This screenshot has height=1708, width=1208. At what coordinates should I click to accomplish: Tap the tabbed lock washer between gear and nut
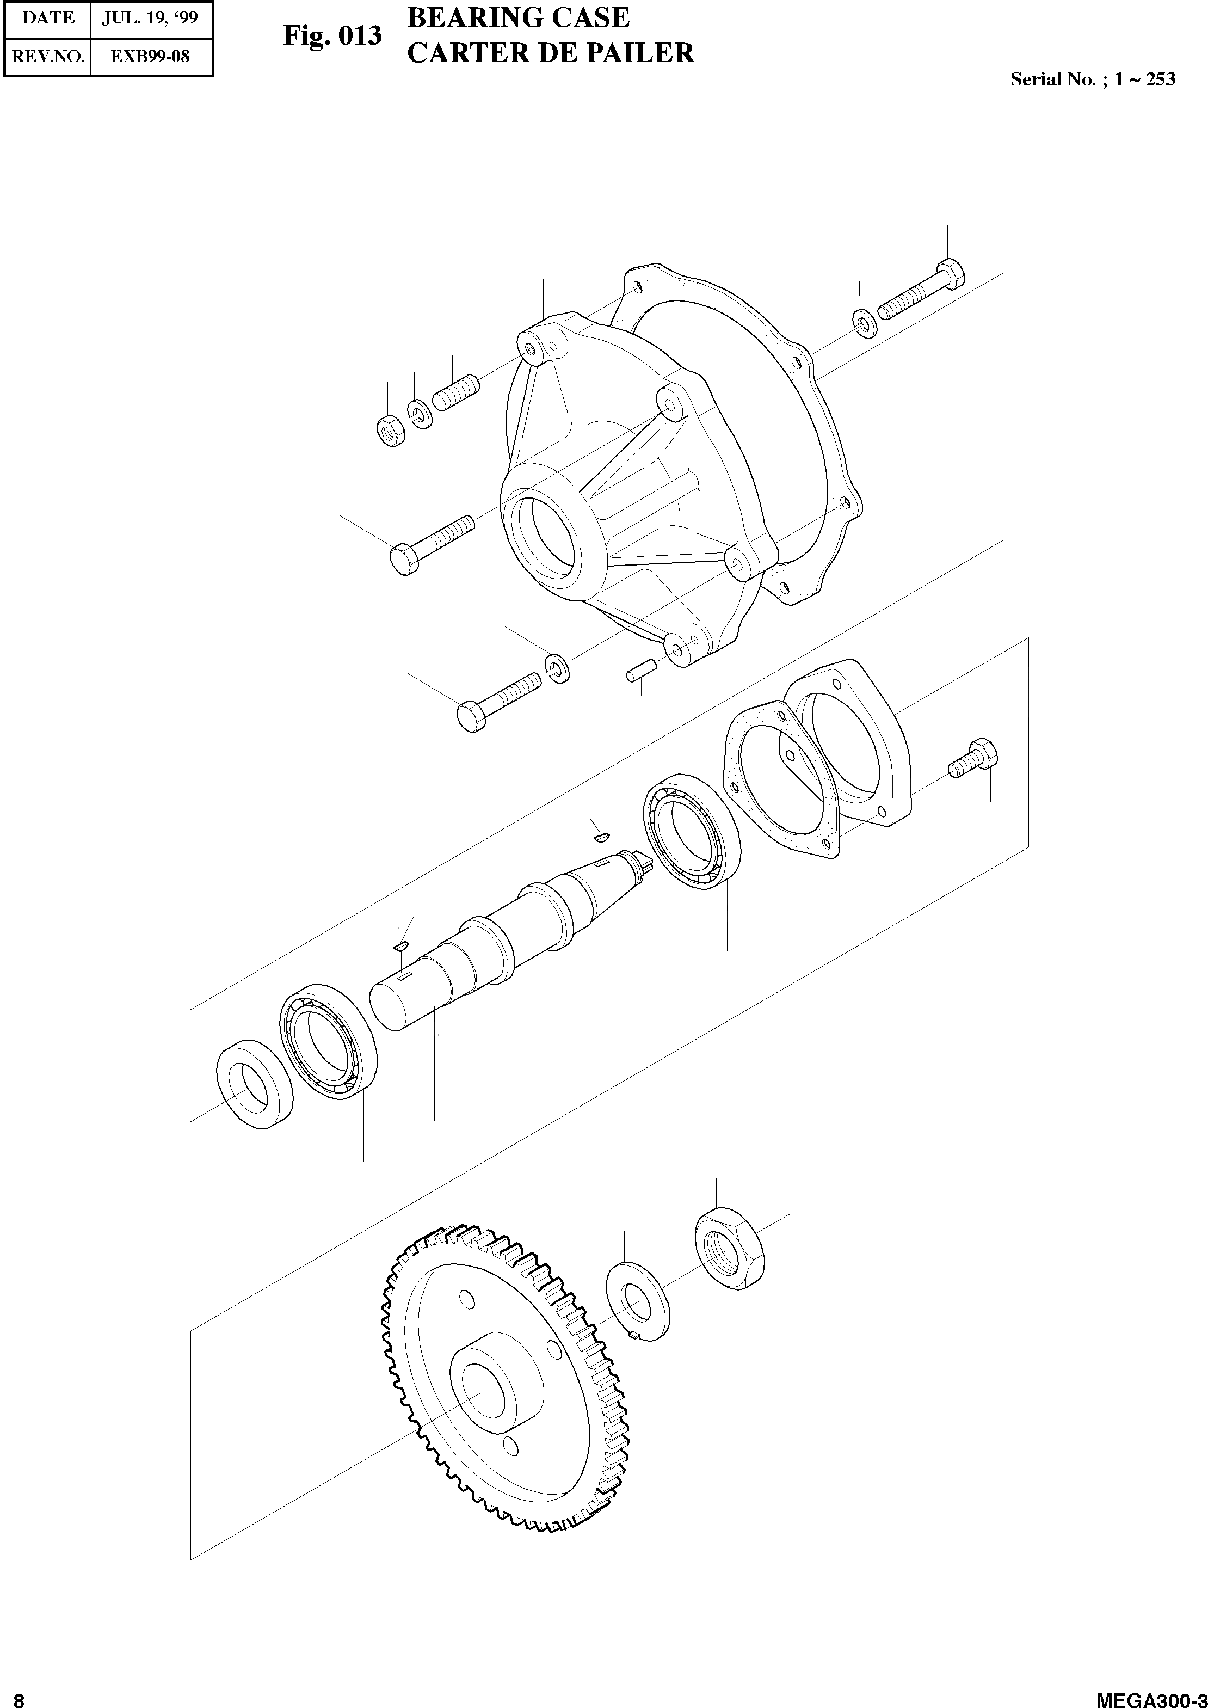638,1301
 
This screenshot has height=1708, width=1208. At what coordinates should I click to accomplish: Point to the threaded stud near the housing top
455,393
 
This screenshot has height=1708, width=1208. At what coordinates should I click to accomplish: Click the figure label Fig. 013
332,36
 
